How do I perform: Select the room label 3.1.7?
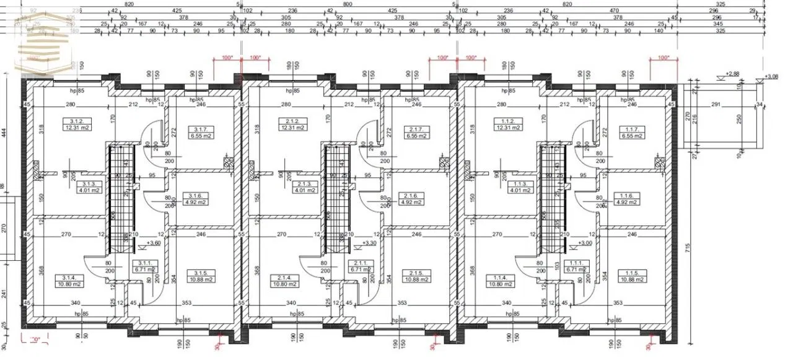[199, 130]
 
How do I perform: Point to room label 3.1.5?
[200, 273]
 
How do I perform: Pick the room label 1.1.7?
[629, 130]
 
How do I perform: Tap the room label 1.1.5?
[632, 273]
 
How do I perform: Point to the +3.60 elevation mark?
[154, 244]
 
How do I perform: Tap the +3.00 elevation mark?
[585, 244]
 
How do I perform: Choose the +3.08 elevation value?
[771, 76]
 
